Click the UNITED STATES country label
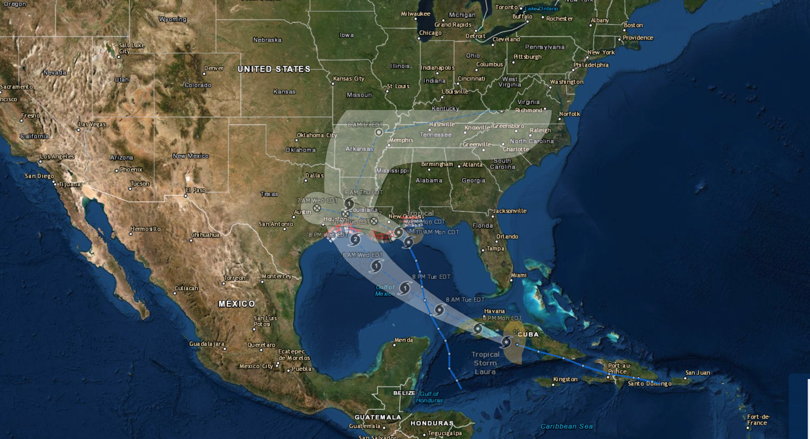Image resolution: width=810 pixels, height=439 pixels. point(273,69)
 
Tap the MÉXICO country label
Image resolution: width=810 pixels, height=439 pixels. point(236,304)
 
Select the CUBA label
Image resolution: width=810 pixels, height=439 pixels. point(527,335)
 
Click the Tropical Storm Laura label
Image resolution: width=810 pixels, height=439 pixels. point(485,363)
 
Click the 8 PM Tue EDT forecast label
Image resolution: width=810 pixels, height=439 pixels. point(431,277)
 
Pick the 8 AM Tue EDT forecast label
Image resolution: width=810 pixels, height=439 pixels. point(465,300)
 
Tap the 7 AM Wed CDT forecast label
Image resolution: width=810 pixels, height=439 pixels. point(317,200)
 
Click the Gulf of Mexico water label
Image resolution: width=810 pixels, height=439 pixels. point(385,290)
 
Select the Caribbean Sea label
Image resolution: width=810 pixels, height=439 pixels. point(566,426)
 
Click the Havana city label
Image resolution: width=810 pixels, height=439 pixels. point(494,311)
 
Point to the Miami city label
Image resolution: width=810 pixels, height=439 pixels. point(518,275)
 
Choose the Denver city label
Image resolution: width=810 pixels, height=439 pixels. point(213,69)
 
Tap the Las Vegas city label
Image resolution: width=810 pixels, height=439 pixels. point(92,124)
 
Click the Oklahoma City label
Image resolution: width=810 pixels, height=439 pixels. point(316,135)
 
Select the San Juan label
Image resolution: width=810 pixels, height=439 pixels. point(697,373)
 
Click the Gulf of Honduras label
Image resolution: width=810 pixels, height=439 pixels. point(429,397)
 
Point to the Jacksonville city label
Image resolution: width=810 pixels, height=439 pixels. point(509,211)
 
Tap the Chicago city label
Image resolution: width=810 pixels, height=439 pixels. point(430,33)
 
